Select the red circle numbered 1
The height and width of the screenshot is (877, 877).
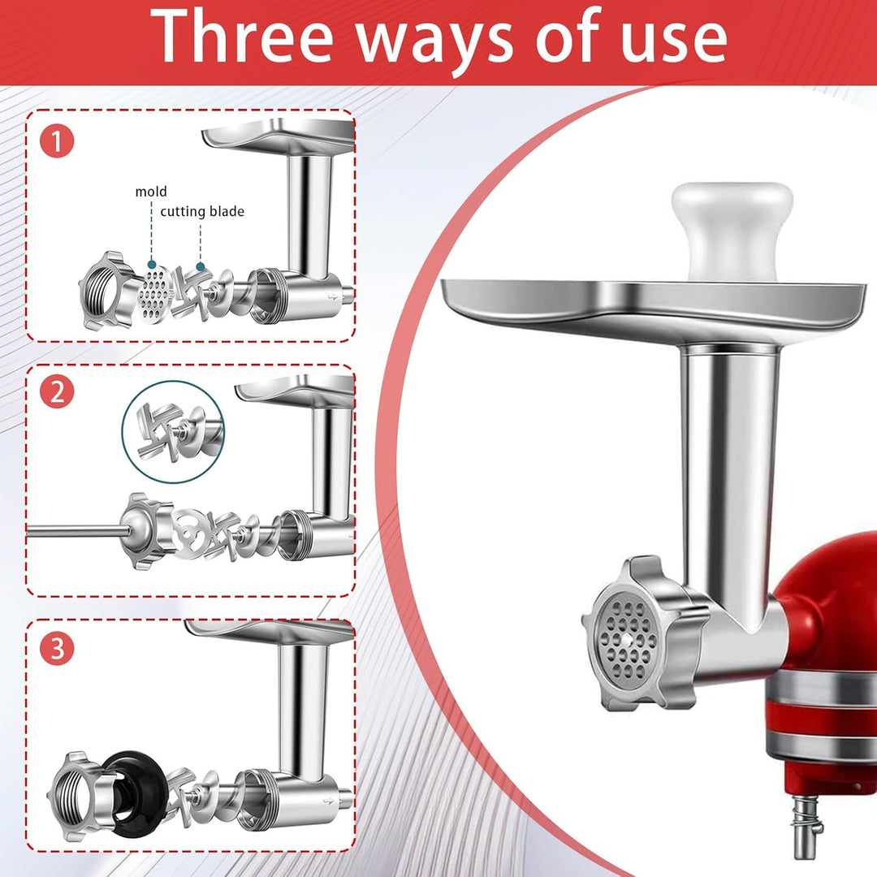click(57, 141)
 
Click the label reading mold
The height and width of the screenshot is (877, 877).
click(151, 192)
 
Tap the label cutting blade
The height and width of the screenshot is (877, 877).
click(202, 211)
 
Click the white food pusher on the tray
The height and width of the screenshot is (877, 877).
click(732, 231)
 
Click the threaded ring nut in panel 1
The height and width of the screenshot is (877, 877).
click(106, 291)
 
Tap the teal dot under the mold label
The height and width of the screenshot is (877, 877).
click(152, 264)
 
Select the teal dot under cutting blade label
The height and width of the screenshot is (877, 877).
click(201, 266)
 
